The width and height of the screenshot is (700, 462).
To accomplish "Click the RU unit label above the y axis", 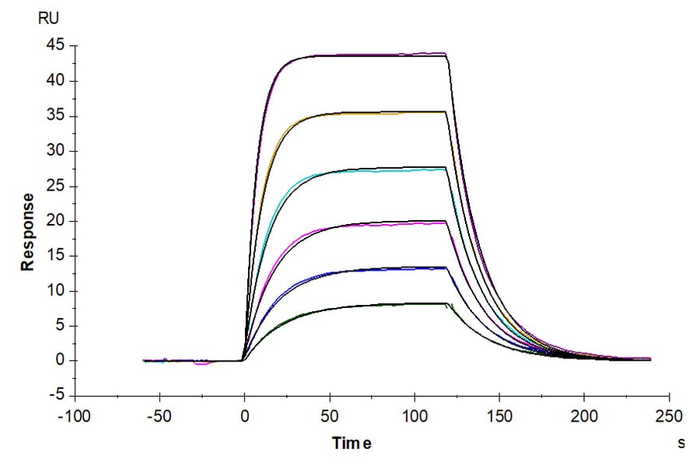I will point(47,16).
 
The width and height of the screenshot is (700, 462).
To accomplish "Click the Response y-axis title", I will point(28,232).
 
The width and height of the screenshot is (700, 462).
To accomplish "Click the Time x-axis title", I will point(352,443).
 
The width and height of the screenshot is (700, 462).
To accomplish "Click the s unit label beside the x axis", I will point(681,443).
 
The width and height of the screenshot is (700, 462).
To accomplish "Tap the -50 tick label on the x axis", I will point(159,416).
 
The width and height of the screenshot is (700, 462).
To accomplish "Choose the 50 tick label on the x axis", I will point(330,416).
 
